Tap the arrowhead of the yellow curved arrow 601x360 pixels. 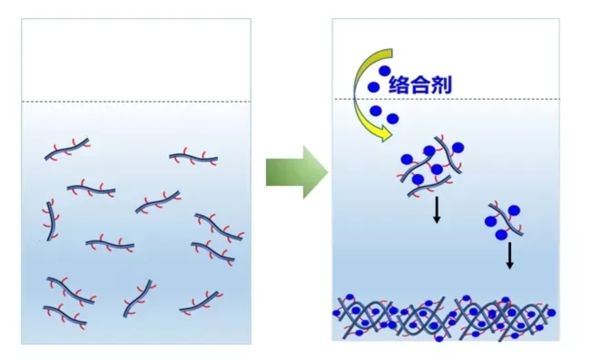386,135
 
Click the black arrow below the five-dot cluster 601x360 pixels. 437,210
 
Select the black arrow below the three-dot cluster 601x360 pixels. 509,255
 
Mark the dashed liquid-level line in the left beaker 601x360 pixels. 136,102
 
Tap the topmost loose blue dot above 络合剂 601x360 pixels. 385,71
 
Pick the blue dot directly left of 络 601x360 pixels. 374,87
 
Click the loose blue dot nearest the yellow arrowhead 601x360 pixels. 393,119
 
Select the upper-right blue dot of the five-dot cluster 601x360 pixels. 458,148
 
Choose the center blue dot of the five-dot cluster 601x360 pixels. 437,169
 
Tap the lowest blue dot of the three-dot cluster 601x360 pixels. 501,234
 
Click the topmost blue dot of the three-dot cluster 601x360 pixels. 514,210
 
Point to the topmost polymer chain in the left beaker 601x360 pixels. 67,149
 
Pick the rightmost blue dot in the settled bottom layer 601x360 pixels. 551,313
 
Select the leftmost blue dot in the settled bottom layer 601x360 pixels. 336,313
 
